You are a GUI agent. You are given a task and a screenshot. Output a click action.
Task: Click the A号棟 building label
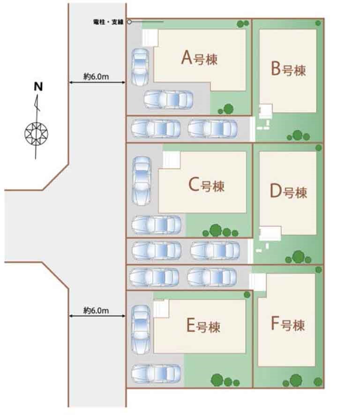[199, 58]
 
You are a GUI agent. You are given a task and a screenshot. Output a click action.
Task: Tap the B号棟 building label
[288, 69]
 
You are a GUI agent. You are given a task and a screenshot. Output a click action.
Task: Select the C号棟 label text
[206, 184]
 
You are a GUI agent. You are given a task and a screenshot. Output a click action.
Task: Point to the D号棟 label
[288, 191]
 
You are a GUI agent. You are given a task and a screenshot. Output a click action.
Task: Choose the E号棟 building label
[203, 325]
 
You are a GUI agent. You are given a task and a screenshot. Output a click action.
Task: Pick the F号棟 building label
[288, 324]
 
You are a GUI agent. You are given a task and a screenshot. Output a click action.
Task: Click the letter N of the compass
[38, 87]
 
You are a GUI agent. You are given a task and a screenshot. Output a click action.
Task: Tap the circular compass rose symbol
[36, 133]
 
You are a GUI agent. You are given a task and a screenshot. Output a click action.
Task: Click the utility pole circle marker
[129, 22]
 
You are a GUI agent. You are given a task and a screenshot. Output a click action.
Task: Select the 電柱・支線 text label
[108, 22]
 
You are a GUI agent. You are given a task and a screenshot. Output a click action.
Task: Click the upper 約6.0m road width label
[96, 76]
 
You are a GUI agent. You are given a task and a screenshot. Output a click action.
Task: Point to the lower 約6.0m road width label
[96, 310]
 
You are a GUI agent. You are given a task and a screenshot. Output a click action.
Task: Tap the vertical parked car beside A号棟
[140, 67]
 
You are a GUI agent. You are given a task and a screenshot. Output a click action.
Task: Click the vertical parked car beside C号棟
[142, 181]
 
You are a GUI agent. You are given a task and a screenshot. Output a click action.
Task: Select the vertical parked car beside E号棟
[141, 330]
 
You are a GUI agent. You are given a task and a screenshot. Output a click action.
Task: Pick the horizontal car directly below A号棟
[168, 99]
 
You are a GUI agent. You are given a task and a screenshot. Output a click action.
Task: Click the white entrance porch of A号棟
[150, 38]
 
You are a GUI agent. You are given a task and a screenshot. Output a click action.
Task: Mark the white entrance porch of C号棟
[172, 159]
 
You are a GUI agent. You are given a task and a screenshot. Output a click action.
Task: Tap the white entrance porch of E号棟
[161, 309]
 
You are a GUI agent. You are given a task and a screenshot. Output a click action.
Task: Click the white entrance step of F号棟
[258, 282]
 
